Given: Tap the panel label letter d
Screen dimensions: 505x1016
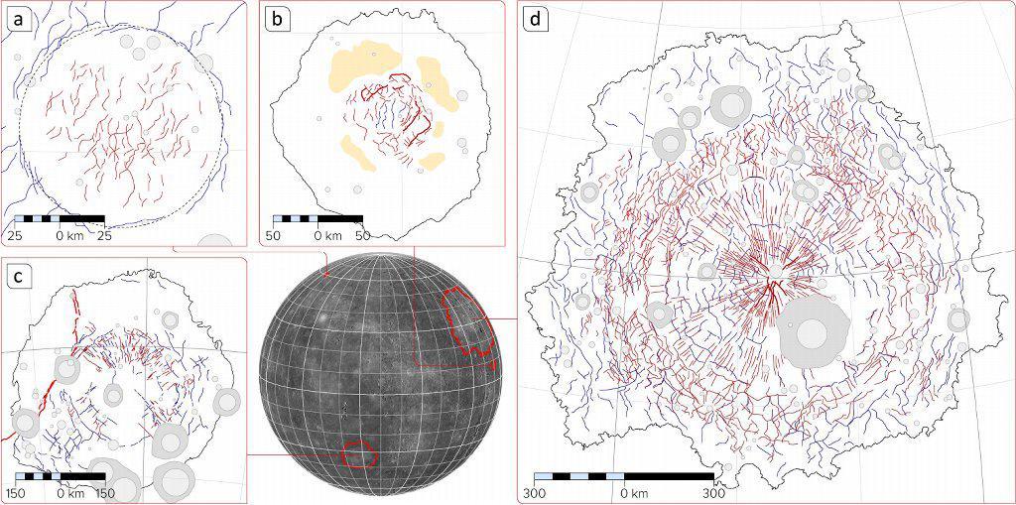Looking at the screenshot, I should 537,18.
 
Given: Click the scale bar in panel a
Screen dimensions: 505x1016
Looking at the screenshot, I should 60,218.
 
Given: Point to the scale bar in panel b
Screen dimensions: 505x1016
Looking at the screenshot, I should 318,218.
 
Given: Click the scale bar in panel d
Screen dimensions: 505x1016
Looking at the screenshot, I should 623,477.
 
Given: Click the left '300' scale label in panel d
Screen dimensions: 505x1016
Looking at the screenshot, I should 533,492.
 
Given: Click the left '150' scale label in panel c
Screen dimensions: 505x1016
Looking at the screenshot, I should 17,492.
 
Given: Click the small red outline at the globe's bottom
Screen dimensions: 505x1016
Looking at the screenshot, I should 358,453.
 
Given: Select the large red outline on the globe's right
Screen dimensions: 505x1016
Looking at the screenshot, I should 469,321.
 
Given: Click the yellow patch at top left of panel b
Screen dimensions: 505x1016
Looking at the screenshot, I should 362,62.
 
